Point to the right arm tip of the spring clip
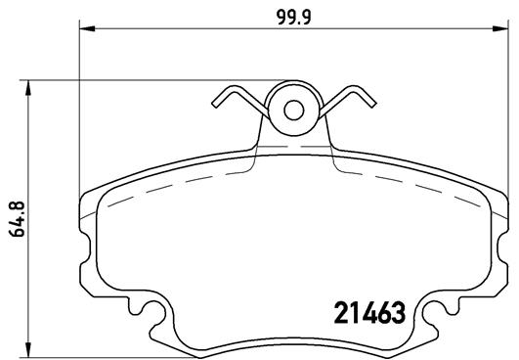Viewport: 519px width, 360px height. coord(369,100)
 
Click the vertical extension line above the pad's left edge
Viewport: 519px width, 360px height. coord(78,108)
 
